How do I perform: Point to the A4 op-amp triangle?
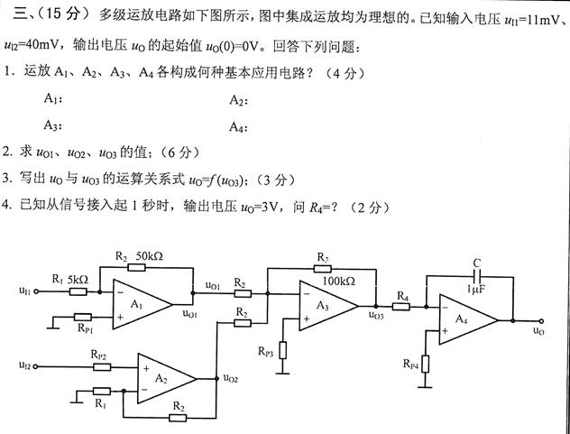coord(465,319)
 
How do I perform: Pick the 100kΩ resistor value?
coord(340,281)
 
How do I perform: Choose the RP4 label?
coord(409,363)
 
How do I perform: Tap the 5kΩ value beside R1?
coord(78,279)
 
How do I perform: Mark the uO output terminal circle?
coord(539,319)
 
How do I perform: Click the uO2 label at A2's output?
coord(232,380)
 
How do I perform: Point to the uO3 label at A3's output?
coord(376,315)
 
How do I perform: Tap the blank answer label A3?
coord(52,125)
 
